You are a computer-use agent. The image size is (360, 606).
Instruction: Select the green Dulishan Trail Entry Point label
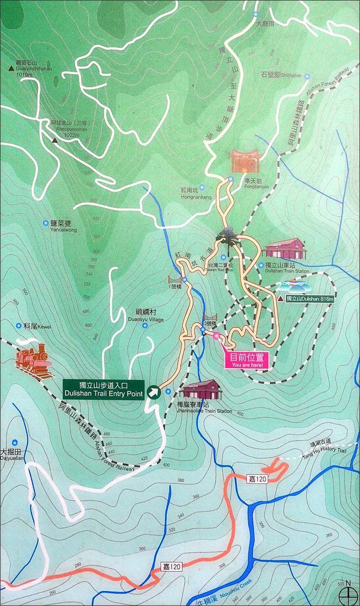103,389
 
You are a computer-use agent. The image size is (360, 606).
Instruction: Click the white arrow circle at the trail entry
154,391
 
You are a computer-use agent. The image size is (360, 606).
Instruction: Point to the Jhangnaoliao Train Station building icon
201,389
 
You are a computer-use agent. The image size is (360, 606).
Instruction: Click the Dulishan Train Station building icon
285,249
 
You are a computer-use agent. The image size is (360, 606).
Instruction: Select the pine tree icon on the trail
227,239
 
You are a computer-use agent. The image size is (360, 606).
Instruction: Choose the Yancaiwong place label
63,226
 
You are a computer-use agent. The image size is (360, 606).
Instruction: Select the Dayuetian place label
12,454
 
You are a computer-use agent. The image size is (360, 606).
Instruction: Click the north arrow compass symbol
348,591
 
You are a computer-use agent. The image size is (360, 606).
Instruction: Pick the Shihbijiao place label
281,75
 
